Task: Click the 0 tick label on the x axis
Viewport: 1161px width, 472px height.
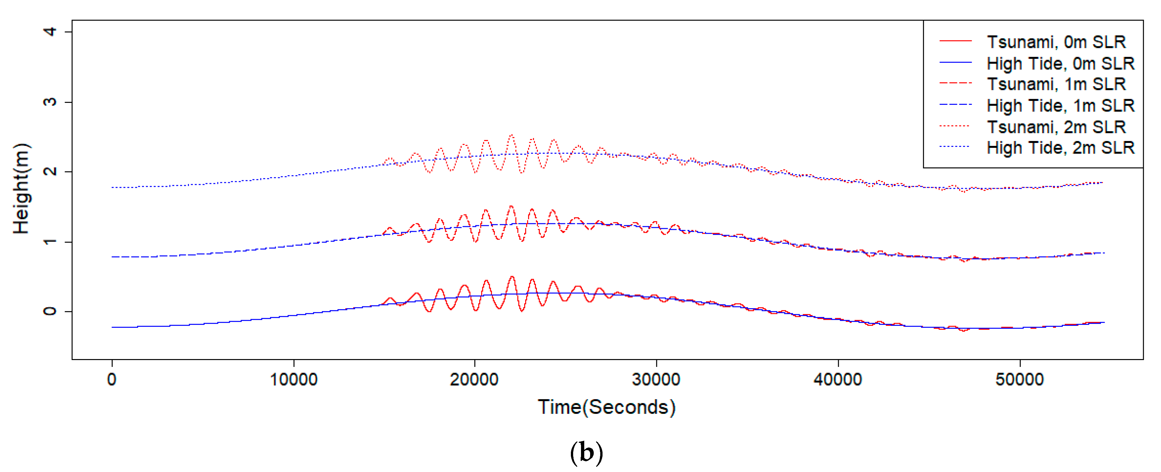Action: [112, 379]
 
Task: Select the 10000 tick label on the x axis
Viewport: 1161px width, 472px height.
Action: [293, 379]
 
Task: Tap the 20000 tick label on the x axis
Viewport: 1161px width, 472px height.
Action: [474, 379]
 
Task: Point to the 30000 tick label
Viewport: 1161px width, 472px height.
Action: [656, 379]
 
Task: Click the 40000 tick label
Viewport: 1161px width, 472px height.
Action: [838, 379]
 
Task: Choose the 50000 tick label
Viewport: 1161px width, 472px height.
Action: [1019, 379]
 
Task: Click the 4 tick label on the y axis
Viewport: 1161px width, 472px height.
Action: [50, 32]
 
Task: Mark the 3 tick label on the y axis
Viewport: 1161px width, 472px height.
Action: [50, 102]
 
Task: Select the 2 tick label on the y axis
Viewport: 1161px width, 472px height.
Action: [50, 171]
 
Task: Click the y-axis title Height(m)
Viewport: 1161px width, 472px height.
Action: [21, 188]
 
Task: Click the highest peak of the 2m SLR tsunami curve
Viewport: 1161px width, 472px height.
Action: [511, 135]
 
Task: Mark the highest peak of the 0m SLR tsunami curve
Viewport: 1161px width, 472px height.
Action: [511, 276]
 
